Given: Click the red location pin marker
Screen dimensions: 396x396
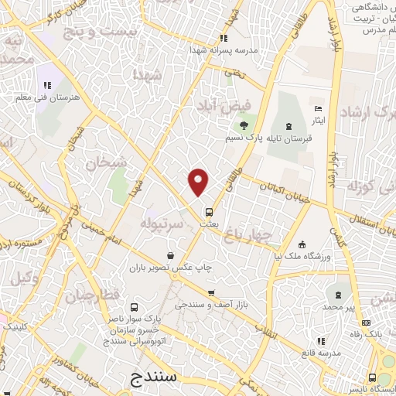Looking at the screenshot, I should point(199,181).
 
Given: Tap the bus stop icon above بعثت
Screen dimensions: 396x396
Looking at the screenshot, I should point(208,211).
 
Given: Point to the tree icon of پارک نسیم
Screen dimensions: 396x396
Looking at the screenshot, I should point(244,125).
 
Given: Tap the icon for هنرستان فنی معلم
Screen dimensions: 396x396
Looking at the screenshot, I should point(46,85).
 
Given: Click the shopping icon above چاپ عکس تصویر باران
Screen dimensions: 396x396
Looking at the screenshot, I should point(170,254).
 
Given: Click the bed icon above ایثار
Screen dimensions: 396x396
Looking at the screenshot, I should point(317,109).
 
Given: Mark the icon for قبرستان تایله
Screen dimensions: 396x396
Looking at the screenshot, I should point(288,125).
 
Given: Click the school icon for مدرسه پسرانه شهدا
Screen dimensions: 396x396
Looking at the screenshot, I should point(224,38).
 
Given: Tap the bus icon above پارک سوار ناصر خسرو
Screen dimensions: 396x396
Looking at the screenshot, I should point(135,306).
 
